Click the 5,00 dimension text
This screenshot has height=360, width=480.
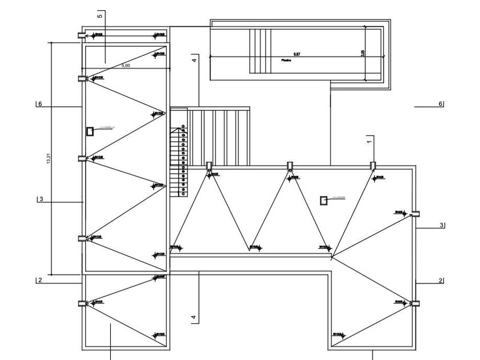[126, 66]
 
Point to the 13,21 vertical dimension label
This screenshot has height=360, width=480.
[48, 161]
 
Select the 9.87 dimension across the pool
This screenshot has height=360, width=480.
[290, 54]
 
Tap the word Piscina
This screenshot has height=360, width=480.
[286, 60]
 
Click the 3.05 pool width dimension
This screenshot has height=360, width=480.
[363, 53]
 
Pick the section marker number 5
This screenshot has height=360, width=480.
[99, 15]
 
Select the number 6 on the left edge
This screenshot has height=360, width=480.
[40, 104]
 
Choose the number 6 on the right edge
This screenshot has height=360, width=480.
[440, 104]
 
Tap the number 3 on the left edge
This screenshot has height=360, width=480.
[41, 199]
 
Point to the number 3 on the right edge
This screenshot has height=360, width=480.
[441, 225]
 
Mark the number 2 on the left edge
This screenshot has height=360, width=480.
[40, 280]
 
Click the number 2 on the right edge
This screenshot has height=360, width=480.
[441, 280]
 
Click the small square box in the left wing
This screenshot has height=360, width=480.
[90, 131]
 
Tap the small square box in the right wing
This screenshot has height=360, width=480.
[323, 200]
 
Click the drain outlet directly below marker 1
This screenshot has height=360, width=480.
[373, 166]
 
